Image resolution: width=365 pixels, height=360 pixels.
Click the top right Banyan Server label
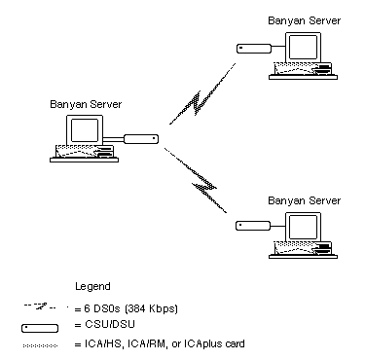(304, 21)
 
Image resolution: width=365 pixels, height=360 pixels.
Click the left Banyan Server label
(86, 104)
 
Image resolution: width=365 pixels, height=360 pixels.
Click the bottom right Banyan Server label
(304, 200)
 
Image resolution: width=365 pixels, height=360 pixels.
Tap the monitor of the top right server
(303, 47)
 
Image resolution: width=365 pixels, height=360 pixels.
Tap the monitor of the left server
(85, 129)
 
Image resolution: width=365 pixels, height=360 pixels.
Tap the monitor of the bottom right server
(303, 227)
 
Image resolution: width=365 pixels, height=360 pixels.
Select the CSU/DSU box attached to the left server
(141, 139)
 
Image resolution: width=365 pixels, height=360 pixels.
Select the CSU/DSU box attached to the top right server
(254, 49)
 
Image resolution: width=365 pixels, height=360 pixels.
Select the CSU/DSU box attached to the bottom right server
(253, 226)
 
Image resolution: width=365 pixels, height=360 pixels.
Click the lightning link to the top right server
(201, 94)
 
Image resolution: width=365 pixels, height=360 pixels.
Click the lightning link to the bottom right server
(197, 180)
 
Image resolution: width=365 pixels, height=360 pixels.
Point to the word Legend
(92, 286)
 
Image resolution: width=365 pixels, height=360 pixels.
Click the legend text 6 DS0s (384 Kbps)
(127, 308)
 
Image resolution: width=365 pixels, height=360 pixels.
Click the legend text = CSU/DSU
(104, 324)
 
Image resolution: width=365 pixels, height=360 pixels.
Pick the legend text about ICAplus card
(160, 343)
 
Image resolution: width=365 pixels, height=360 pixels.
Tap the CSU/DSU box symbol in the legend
(40, 328)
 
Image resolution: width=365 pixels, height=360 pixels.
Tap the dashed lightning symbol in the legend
(40, 306)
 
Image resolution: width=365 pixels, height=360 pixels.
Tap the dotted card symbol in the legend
(40, 345)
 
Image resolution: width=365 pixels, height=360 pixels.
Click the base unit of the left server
(85, 154)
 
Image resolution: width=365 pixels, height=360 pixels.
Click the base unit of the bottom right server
(303, 250)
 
